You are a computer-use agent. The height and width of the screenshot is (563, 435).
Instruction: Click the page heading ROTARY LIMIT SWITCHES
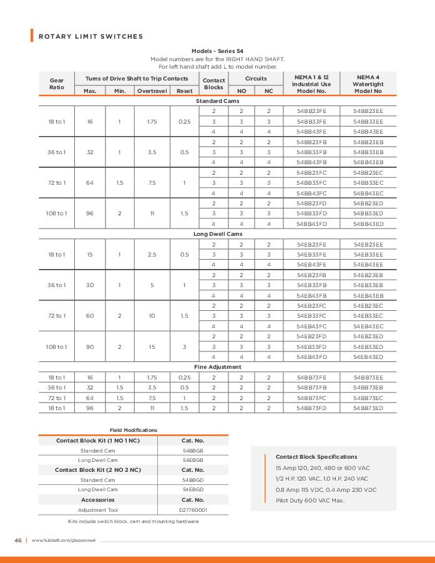[91, 36]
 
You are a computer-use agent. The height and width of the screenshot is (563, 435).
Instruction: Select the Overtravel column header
[152, 91]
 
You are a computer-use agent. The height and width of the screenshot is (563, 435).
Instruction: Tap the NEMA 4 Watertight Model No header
[368, 84]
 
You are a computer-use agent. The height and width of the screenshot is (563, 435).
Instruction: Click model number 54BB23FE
[311, 110]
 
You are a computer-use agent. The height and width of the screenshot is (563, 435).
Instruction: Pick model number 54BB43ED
[368, 223]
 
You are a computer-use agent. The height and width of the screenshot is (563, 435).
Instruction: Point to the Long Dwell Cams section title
[218, 233]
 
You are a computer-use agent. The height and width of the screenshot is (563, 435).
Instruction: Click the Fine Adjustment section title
[218, 366]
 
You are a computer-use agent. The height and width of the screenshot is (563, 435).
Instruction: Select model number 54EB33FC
[311, 315]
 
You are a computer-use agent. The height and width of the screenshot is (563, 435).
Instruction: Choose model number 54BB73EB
[368, 387]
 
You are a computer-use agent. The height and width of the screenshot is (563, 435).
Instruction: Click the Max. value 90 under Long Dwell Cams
[90, 346]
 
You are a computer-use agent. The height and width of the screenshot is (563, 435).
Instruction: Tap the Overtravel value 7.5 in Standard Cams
[152, 182]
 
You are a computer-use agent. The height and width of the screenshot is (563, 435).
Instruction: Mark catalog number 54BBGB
[193, 449]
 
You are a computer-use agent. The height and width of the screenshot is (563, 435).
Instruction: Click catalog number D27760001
[193, 510]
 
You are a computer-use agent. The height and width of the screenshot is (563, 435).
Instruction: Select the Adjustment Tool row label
[97, 510]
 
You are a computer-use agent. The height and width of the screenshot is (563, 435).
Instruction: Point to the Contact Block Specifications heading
[316, 456]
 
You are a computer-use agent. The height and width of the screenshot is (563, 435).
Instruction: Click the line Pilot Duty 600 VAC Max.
[310, 501]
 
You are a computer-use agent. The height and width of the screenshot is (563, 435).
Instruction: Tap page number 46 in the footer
[18, 540]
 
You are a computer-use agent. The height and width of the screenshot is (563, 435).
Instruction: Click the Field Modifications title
[134, 430]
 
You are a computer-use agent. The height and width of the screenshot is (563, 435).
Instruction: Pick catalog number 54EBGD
[193, 490]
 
